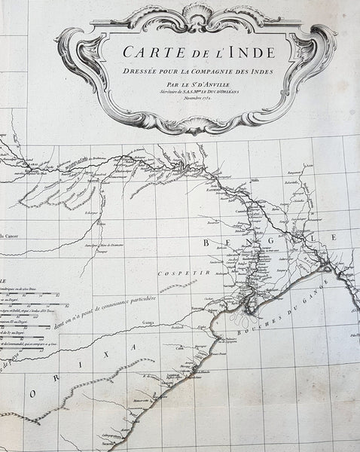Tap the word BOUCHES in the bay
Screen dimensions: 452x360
click(261, 313)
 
